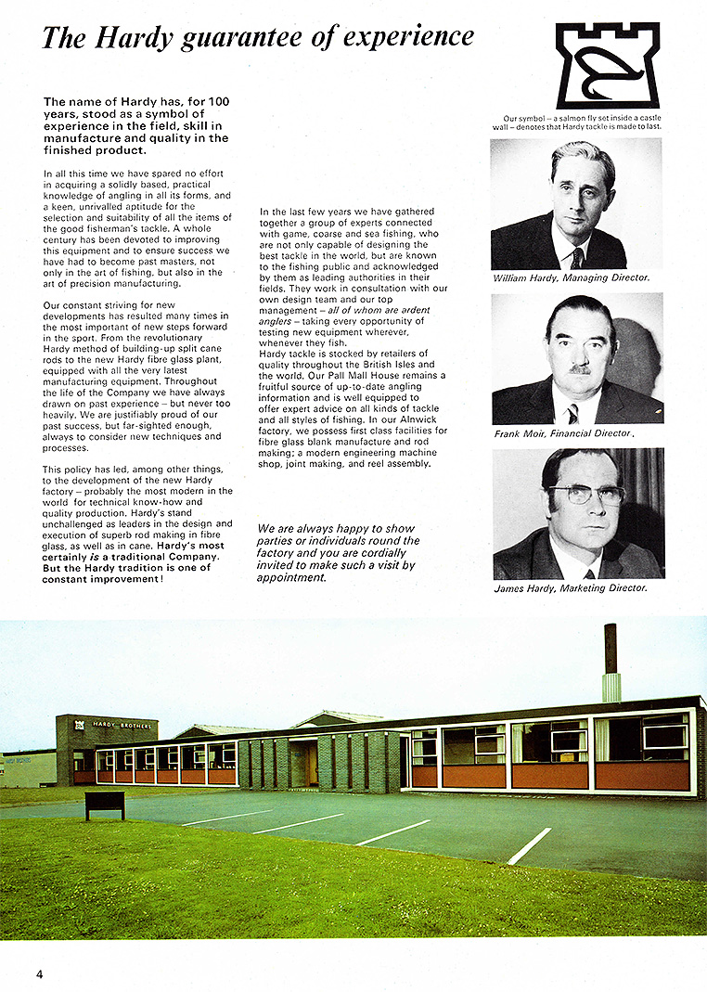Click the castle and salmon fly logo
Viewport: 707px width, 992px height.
(x=607, y=66)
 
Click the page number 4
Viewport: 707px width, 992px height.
(x=40, y=973)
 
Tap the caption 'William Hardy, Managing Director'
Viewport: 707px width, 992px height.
(x=571, y=277)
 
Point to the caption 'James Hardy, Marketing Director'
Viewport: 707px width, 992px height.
(x=571, y=588)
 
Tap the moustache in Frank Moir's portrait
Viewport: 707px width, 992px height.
(x=580, y=368)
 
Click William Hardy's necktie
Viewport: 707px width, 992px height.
(x=576, y=256)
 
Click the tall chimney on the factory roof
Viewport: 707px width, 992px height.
(x=611, y=662)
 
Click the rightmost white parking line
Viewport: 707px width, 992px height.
(x=530, y=845)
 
